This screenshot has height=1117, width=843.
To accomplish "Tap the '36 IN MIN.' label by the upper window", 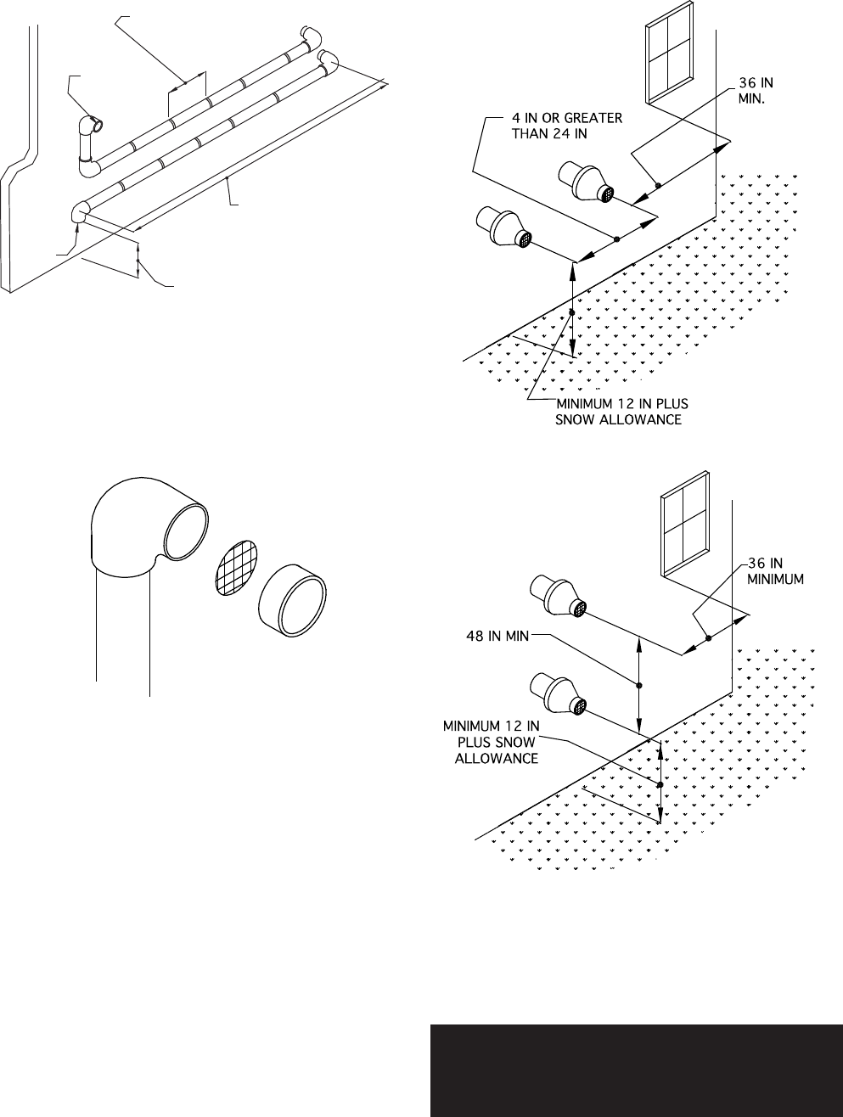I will (x=755, y=90).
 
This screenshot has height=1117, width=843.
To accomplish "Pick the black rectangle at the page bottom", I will (x=636, y=1070).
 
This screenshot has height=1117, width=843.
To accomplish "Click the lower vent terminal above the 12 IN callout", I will (x=557, y=693).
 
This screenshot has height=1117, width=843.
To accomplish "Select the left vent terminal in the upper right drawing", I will (x=504, y=229).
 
